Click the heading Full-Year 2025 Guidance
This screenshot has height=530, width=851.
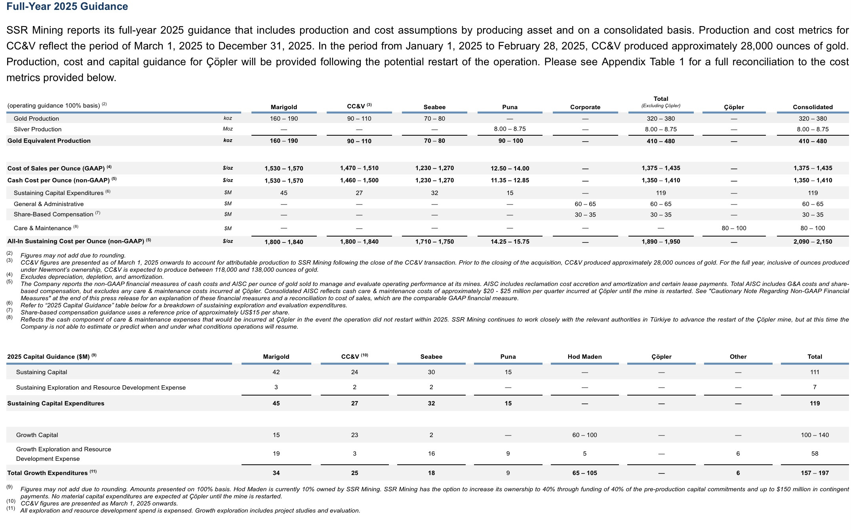point(67,6)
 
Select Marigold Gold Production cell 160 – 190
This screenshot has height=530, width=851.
point(284,119)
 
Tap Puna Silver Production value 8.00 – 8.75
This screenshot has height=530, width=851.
point(510,129)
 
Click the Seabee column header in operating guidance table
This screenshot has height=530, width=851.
point(434,107)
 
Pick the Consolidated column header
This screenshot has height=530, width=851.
point(813,107)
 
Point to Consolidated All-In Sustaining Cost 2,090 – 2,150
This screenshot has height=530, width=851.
point(813,242)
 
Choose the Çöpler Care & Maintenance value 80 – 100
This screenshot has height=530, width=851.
point(734,228)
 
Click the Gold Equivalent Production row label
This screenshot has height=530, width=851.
point(49,141)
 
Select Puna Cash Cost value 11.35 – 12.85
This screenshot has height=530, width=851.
point(510,180)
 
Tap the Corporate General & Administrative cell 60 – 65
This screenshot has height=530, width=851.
point(585,204)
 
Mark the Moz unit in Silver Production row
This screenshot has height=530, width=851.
point(228,129)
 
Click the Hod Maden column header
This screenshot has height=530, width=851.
point(584,357)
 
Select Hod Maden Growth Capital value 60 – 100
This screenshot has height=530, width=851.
point(584,435)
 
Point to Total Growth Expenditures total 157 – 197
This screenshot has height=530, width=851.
point(815,473)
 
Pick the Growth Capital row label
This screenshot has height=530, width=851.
point(37,435)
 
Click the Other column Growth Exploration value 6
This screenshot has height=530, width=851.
point(738,454)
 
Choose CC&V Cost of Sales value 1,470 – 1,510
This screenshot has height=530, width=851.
point(359,168)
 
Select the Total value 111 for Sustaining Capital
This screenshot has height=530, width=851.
point(815,372)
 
